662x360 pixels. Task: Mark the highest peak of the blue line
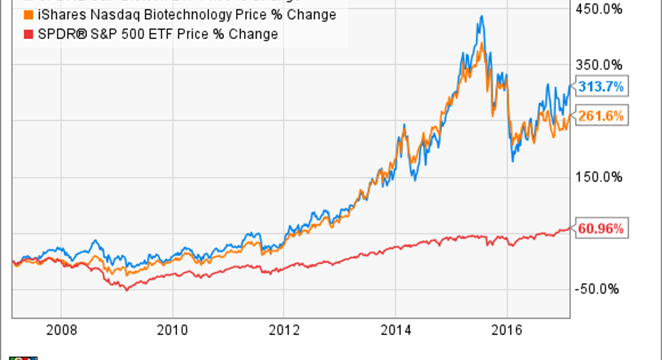coord(481,16)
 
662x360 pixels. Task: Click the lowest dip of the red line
coord(127,290)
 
